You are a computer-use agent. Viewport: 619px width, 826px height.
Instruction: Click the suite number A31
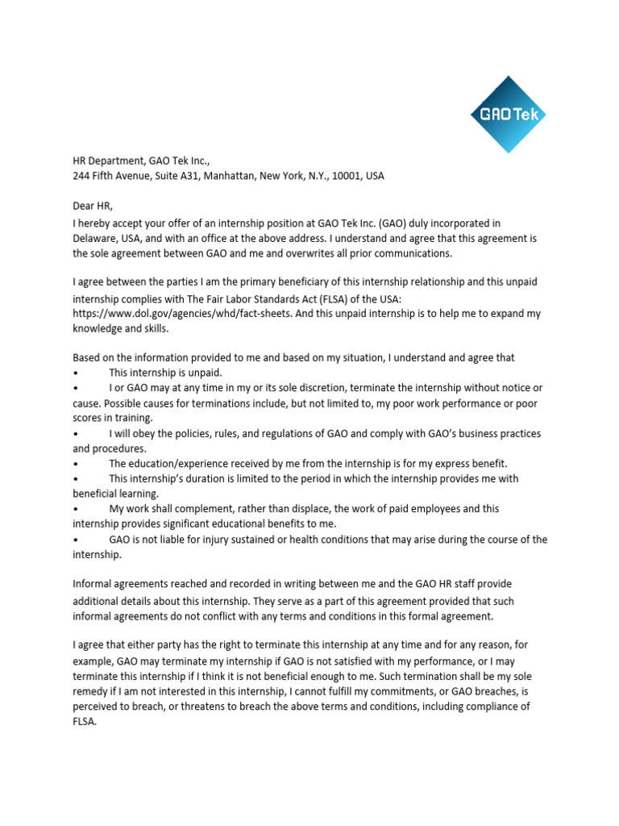[179, 176]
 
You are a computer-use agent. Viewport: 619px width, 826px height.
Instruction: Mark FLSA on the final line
[83, 722]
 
